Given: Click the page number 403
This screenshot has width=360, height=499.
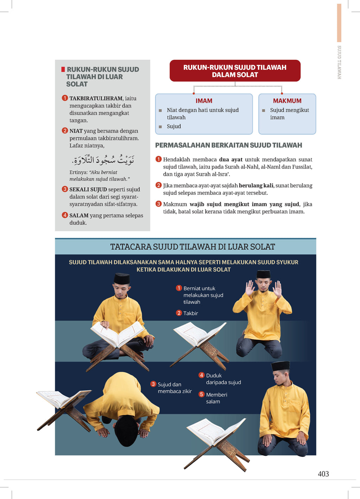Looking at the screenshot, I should tap(323, 474).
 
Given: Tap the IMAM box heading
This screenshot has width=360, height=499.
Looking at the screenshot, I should tap(204, 101).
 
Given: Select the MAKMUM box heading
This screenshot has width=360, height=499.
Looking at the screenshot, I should tap(287, 101).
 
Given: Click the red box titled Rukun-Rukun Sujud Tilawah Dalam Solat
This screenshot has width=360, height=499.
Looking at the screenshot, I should tap(235, 71).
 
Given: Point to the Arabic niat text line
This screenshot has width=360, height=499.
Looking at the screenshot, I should tap(103, 160).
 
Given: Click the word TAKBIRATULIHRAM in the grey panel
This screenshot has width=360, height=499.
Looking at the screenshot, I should tap(96, 98).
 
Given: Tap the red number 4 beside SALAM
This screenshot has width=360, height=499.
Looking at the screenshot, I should tap(65, 215).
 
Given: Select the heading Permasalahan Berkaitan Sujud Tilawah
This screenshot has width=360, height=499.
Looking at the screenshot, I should tap(229, 145).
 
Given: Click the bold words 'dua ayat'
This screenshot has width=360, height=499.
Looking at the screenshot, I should tap(231, 160).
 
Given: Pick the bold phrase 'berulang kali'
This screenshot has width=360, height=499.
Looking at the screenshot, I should tap(256, 186).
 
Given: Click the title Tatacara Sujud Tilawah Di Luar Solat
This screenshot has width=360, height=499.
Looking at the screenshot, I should tap(193, 247).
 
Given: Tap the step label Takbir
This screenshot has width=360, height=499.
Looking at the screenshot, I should tap(191, 313).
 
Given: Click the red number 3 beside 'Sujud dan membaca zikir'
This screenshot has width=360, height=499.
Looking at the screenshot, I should tap(153, 384).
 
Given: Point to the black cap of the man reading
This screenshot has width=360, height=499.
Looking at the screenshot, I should tap(122, 279).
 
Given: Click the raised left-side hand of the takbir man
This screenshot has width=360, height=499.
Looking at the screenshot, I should tap(250, 288).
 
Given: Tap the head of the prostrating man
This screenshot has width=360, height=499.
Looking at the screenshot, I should tap(126, 430).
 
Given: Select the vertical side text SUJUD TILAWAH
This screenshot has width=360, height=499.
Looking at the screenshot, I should tap(339, 62).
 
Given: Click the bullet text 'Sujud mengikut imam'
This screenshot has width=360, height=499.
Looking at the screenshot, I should tap(289, 114).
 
